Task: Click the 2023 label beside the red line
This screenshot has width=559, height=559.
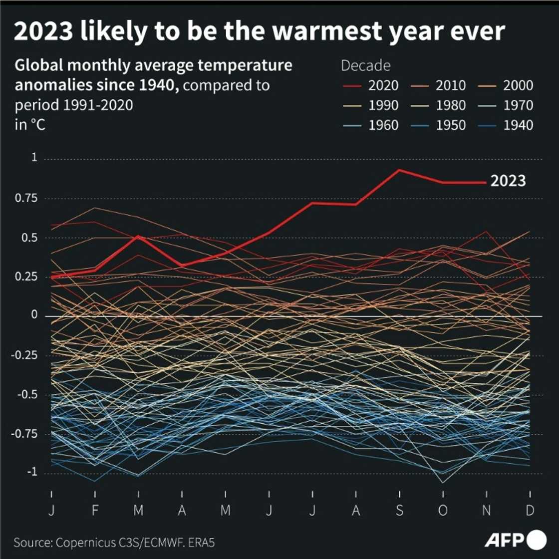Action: tap(508, 181)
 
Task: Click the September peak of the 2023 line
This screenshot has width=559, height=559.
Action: tap(399, 170)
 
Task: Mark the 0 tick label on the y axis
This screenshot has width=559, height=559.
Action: tap(34, 315)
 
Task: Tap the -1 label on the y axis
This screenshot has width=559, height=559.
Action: tap(31, 472)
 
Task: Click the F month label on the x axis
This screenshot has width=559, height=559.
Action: tap(95, 510)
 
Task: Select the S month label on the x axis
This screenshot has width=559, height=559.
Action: tap(399, 510)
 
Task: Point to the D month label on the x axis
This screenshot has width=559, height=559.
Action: tap(530, 510)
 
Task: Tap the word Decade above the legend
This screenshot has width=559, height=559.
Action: tap(365, 65)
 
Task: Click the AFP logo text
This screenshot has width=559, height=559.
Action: tap(504, 540)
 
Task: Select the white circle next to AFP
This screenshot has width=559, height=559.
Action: tap(537, 540)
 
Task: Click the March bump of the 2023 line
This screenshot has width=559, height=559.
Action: tap(139, 236)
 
